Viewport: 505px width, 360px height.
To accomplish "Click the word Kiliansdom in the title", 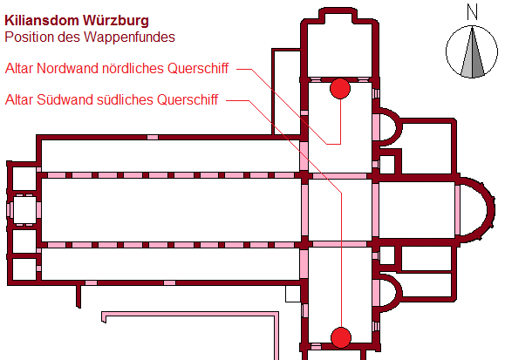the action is coord(42,21).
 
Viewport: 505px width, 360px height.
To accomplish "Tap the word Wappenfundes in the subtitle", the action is coord(129,37).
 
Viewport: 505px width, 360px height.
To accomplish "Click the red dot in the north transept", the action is coord(340,89).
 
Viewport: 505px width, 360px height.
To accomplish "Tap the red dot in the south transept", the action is coord(341,337).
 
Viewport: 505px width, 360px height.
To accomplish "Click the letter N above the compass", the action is coord(472,12).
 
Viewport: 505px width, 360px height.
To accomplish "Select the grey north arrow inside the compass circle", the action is coord(472,52).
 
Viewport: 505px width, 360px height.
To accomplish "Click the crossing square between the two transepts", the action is coord(340,209).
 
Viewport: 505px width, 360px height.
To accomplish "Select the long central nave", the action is coord(171,209).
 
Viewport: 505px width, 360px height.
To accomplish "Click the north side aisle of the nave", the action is coord(171,156).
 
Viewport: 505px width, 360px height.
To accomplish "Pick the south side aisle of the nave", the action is coord(171,264).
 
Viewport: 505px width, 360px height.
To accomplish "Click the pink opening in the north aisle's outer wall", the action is coord(153,138).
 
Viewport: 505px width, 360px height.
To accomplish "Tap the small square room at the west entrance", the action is coord(24,209).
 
